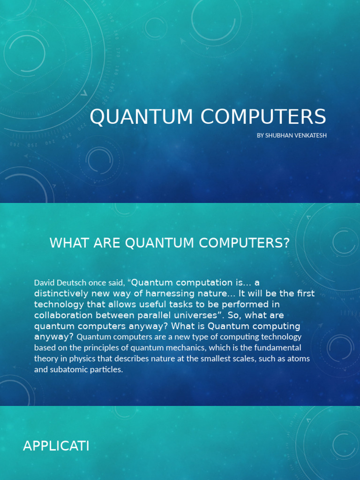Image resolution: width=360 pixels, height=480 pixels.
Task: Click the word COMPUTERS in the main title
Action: pyautogui.click(x=263, y=117)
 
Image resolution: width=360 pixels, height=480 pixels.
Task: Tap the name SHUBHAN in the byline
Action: pyautogui.click(x=278, y=135)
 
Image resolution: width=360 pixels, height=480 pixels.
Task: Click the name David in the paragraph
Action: pyautogui.click(x=44, y=283)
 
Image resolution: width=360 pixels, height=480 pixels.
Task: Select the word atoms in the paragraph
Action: pyautogui.click(x=300, y=359)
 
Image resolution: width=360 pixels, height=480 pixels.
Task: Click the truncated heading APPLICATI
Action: pyautogui.click(x=56, y=446)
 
